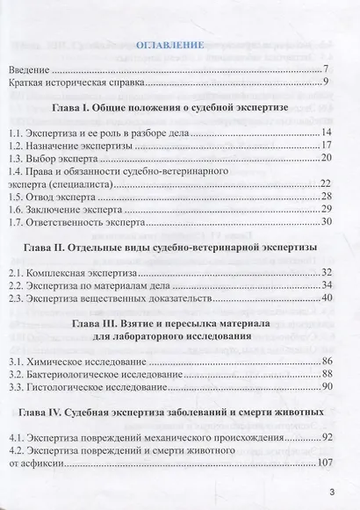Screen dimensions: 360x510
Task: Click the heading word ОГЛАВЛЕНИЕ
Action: [169, 43]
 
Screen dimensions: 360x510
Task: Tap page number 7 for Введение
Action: [325, 68]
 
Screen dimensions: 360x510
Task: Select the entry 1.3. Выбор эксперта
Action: [64, 158]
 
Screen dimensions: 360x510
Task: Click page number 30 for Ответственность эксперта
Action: [322, 222]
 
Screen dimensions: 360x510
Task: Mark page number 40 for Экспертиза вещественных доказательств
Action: [322, 298]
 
